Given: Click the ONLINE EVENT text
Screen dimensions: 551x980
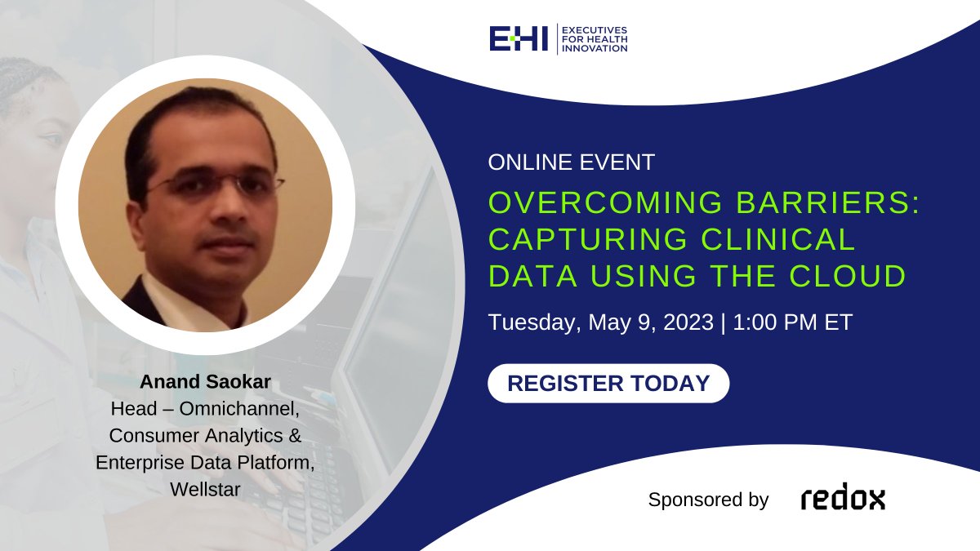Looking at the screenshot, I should tap(571, 162).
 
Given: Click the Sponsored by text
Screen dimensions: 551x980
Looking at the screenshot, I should tap(708, 500).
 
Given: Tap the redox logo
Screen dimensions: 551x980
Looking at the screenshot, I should tap(842, 499).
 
